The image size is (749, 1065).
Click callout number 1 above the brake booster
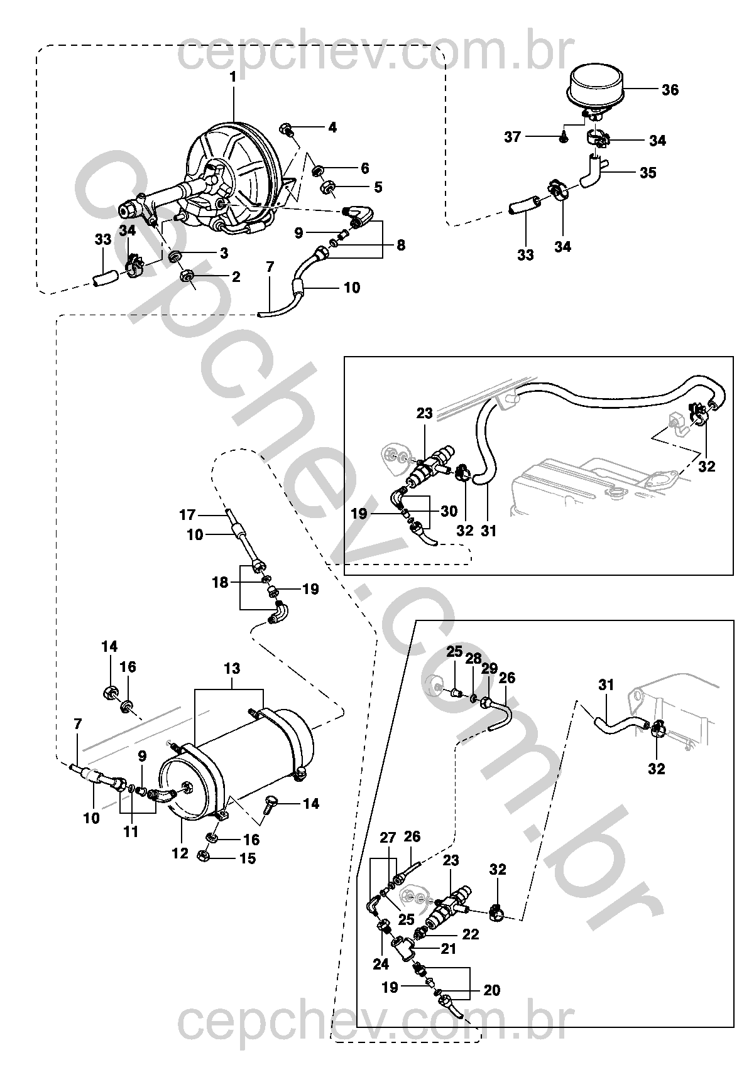click(x=233, y=77)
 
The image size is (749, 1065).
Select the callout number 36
click(x=670, y=90)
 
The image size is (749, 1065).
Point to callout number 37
click(x=513, y=138)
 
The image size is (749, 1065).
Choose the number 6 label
click(x=364, y=168)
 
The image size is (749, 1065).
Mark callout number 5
click(x=378, y=187)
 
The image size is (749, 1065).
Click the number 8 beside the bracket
click(x=401, y=246)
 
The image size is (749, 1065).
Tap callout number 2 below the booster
click(x=236, y=277)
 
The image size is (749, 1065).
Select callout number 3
click(x=224, y=253)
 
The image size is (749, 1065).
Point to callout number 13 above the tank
click(x=232, y=668)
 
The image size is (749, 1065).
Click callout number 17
click(x=187, y=515)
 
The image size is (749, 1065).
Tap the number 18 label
click(x=221, y=583)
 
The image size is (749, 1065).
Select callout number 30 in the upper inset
click(x=449, y=512)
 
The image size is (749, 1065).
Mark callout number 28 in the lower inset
click(x=474, y=659)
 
